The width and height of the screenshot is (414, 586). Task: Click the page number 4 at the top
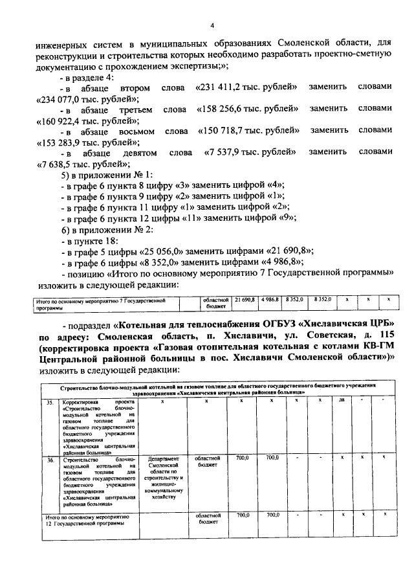[211, 25]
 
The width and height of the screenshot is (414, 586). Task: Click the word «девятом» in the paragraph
[136, 153]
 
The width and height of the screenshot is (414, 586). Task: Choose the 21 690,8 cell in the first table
[245, 300]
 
